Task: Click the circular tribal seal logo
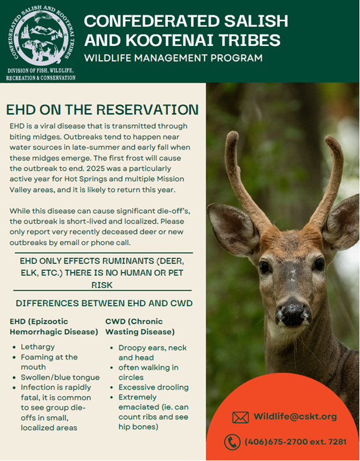[x=40, y=35]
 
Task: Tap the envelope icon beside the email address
[x=240, y=417]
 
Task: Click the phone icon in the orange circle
[x=232, y=442]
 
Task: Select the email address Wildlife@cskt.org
[x=295, y=416]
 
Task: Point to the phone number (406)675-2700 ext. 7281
[x=295, y=442]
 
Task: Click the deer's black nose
[x=293, y=313]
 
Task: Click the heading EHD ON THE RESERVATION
[x=103, y=110]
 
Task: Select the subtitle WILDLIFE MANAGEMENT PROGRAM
[x=173, y=58]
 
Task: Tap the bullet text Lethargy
[x=38, y=347]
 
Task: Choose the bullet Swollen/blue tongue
[x=60, y=377]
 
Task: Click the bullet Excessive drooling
[x=154, y=387]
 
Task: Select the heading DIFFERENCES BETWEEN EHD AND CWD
[x=104, y=303]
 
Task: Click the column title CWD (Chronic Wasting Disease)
[x=140, y=327]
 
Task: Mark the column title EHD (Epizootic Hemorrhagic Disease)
[x=54, y=327]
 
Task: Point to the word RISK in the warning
[x=102, y=285]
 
